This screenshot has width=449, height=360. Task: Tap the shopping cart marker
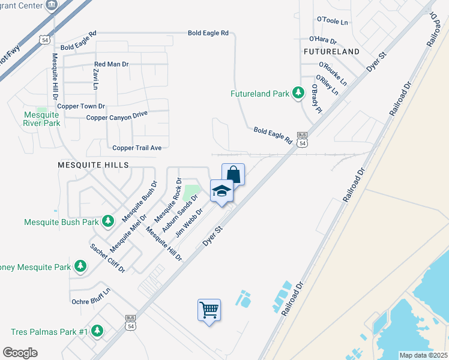pos(209,310)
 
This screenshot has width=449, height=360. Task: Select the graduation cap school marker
pos(221,191)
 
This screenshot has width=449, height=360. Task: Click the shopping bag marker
pos(234,175)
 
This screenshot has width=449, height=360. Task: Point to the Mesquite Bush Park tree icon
pos(108,221)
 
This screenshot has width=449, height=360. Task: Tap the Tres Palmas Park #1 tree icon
pos(97,331)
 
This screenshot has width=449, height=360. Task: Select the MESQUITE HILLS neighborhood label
pos(93,164)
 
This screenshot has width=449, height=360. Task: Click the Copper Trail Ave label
pos(137,148)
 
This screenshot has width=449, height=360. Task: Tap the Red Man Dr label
pos(112,64)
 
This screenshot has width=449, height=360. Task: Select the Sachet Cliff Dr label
pos(107,258)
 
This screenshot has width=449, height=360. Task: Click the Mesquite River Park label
pos(41,118)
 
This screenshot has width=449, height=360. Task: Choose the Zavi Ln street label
pos(95,79)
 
